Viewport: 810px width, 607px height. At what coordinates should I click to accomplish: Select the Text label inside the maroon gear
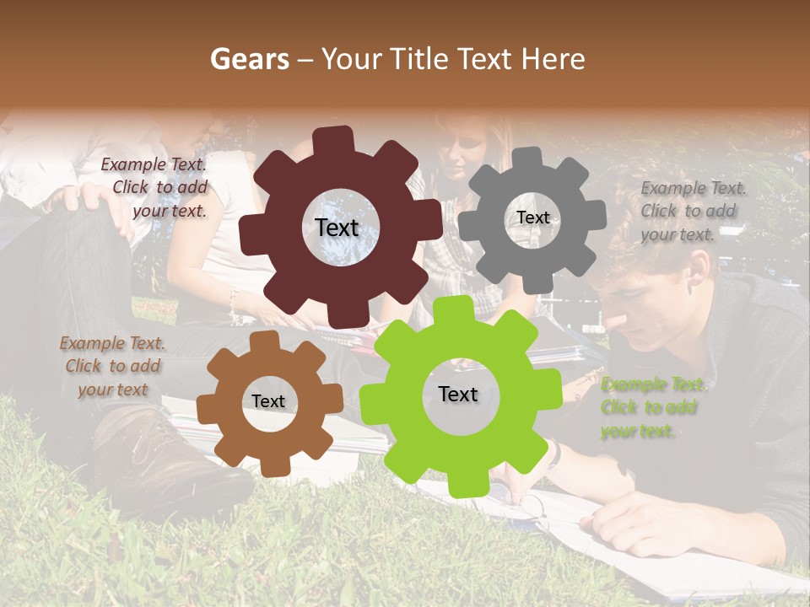(x=337, y=228)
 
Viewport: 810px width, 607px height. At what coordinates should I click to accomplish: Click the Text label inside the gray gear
(x=532, y=218)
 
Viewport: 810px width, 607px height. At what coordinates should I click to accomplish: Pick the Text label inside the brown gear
(x=268, y=402)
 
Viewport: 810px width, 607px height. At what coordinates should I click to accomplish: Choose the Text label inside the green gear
(x=458, y=395)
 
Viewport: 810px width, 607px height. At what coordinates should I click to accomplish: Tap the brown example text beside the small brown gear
(x=112, y=366)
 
